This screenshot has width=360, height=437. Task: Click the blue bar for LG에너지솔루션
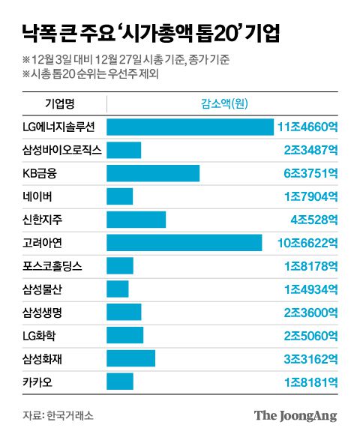tap(190, 127)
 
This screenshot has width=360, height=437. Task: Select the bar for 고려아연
tap(184, 243)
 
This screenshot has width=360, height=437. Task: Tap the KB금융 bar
tap(153, 174)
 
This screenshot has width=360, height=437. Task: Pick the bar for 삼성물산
tap(118, 289)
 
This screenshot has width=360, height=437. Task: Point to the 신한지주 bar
tap(136, 220)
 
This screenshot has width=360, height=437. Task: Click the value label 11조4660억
tap(307, 127)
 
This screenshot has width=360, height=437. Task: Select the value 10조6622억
tap(307, 243)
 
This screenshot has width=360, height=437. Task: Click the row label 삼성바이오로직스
tap(62, 151)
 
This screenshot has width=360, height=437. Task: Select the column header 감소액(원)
tap(222, 102)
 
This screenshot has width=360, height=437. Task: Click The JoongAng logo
tap(295, 415)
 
